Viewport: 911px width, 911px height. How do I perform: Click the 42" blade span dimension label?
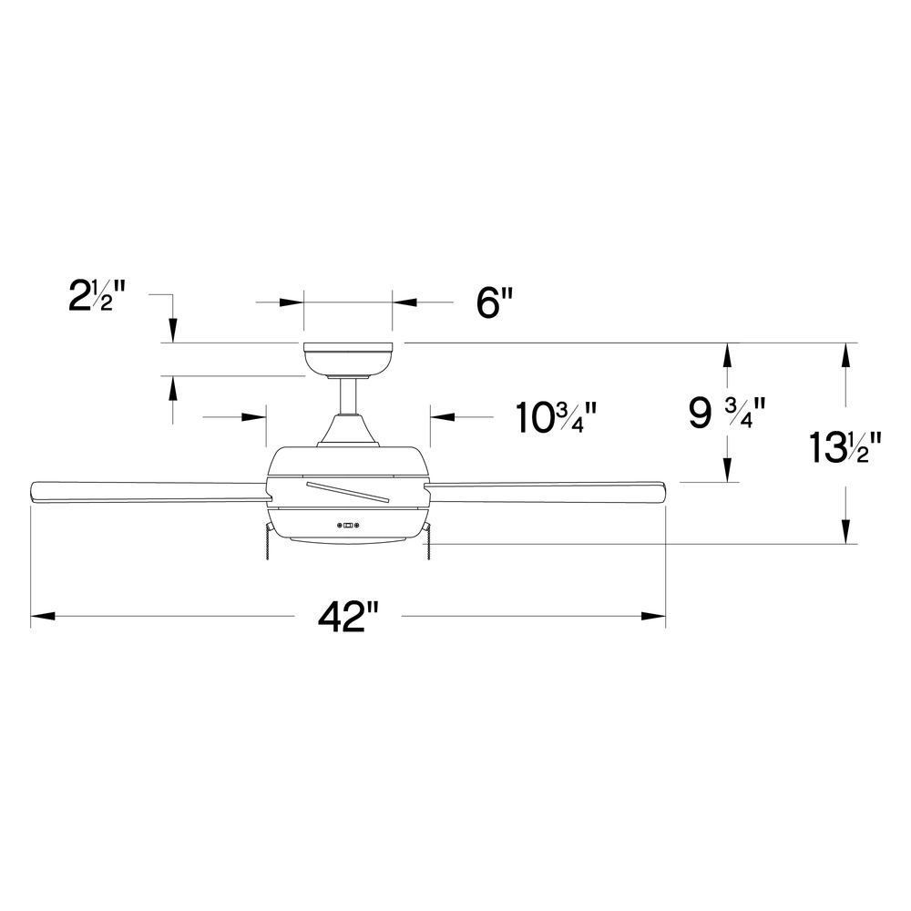(x=348, y=617)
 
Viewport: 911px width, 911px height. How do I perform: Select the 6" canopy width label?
(x=495, y=302)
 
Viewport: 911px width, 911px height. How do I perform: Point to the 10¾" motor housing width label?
(x=557, y=416)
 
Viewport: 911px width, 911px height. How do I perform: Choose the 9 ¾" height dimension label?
(x=727, y=413)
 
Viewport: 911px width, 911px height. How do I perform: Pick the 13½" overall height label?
(x=845, y=447)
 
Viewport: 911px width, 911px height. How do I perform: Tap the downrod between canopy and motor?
(x=348, y=396)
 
